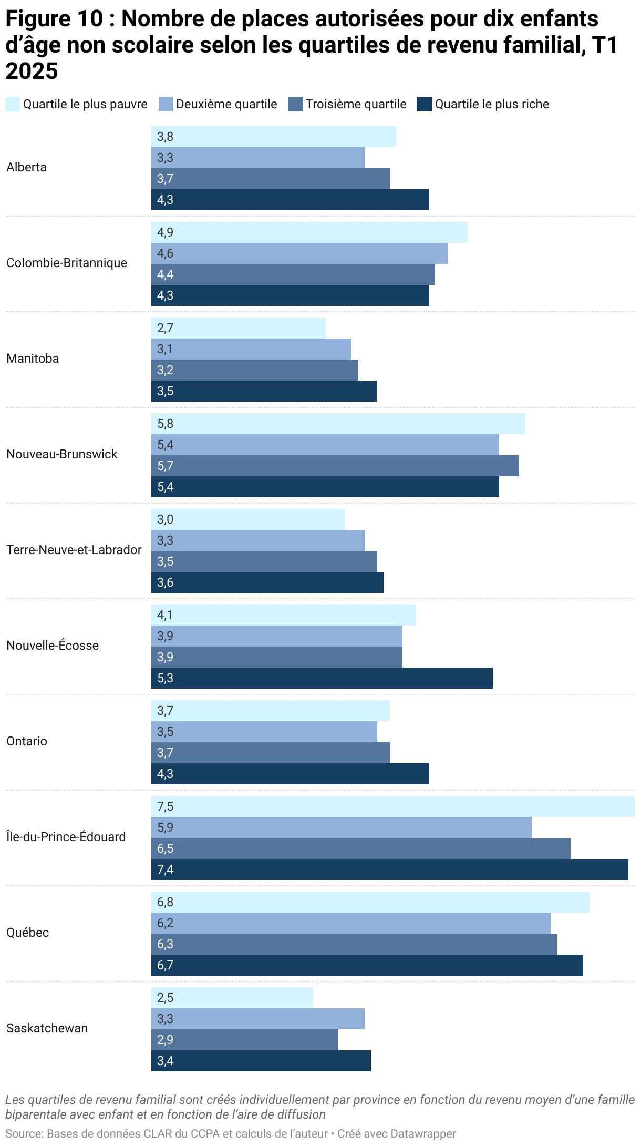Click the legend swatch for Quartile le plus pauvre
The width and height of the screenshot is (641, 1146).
12,104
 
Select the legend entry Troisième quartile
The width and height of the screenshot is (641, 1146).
356,104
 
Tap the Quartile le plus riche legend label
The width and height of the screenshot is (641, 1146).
491,104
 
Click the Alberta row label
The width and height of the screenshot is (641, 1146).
27,167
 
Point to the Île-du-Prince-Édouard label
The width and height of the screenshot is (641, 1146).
66,837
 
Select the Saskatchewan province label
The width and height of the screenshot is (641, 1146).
47,1028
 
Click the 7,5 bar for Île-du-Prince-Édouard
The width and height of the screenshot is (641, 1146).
392,806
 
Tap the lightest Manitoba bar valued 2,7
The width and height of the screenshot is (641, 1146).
239,328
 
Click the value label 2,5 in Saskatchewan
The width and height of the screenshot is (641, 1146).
165,998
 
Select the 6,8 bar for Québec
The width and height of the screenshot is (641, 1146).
370,902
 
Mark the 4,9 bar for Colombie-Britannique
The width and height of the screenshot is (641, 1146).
309,232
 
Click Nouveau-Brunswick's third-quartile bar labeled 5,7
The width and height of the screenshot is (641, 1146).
335,466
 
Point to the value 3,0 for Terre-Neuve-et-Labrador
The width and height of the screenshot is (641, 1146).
165,519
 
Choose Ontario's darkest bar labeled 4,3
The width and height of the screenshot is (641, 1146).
290,774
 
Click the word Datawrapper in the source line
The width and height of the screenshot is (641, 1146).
423,1133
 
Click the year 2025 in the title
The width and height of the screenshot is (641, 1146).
32,71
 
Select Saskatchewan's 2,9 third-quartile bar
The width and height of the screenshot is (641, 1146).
245,1040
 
